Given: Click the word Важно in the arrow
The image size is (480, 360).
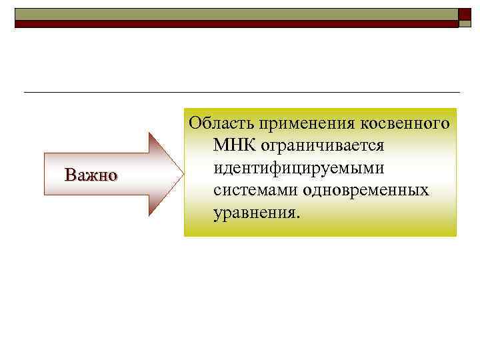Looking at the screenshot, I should tap(91, 175).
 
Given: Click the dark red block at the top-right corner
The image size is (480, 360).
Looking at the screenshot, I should tap(464, 17).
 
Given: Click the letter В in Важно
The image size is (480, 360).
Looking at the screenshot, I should tap(69, 175).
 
